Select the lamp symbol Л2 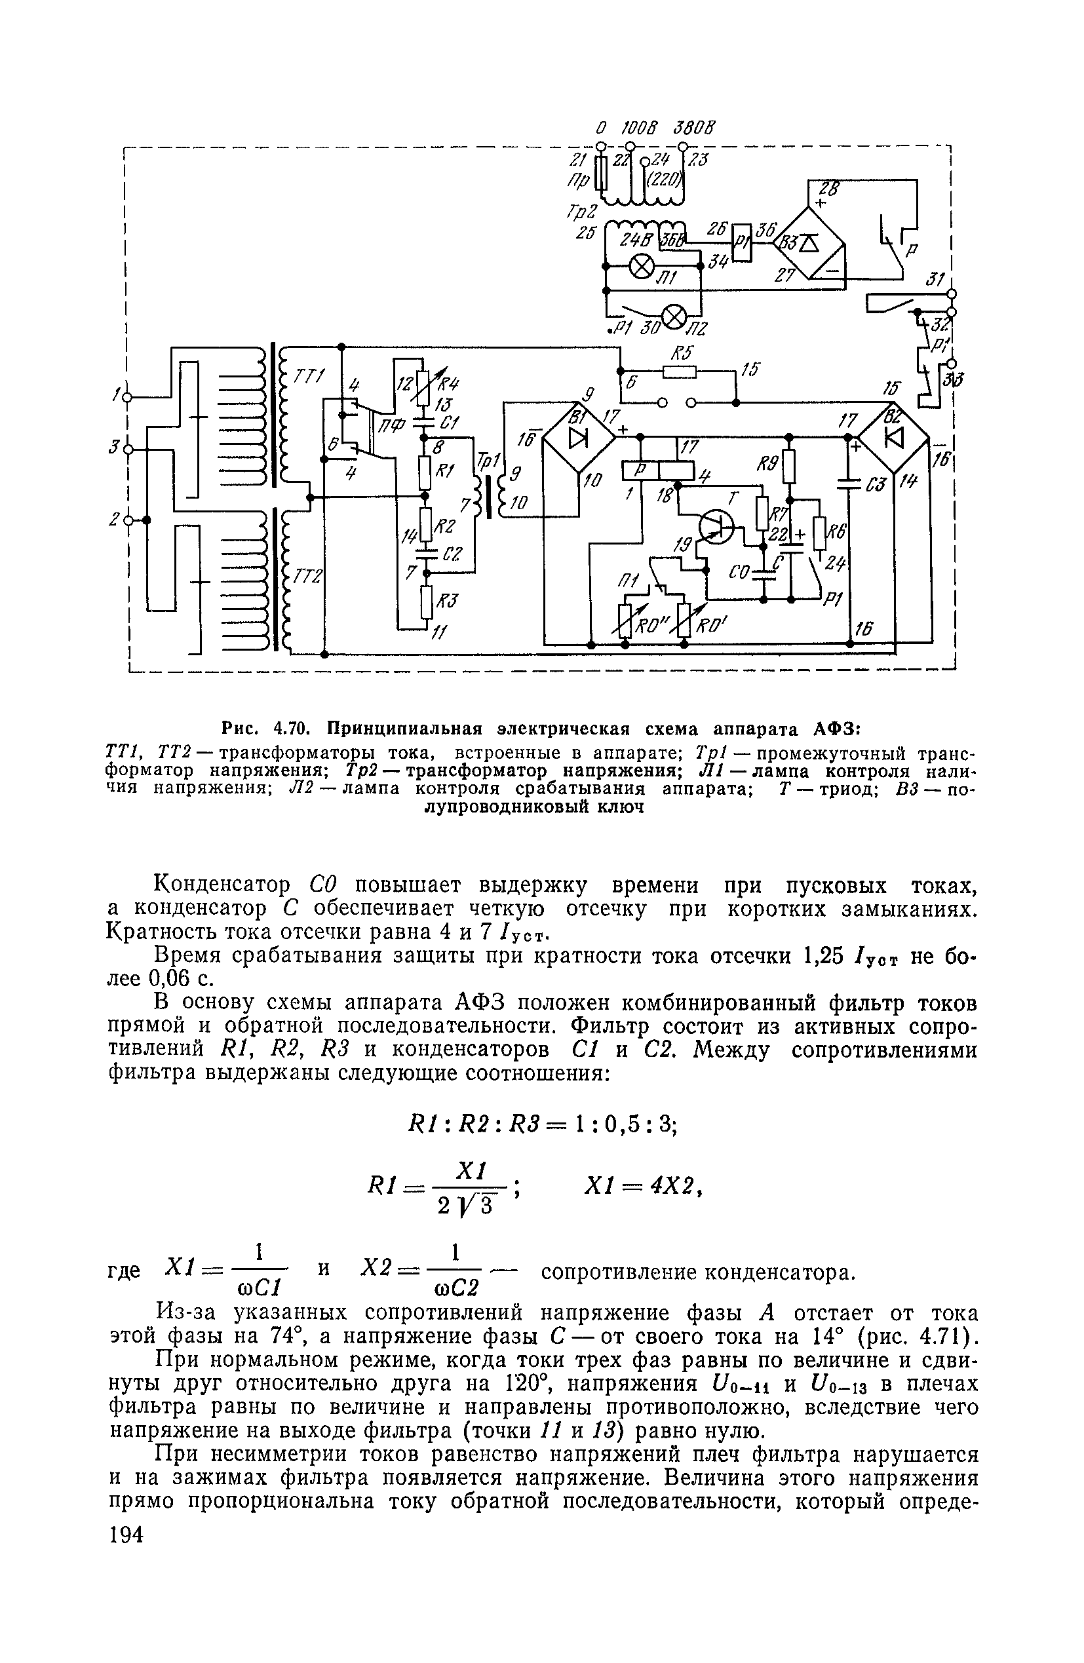coord(674,317)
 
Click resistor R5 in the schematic coord(680,371)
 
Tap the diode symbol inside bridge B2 coord(894,438)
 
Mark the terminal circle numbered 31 coord(951,294)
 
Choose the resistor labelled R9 coord(789,466)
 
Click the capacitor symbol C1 coord(423,422)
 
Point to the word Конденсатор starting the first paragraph coord(222,885)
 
